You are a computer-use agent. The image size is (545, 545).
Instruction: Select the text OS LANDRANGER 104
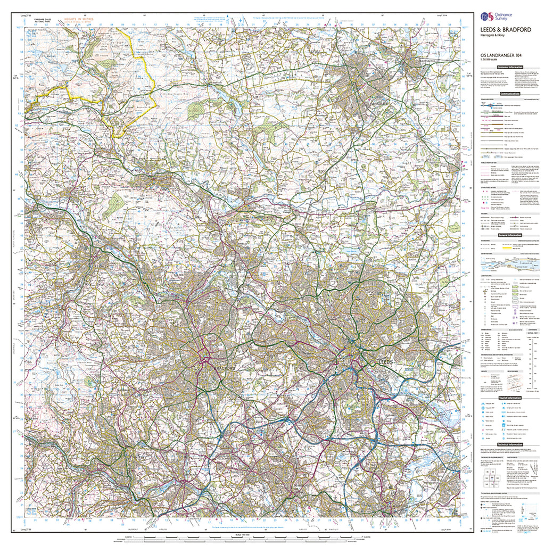(499, 55)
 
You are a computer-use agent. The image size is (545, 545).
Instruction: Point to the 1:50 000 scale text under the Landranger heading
(490, 60)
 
